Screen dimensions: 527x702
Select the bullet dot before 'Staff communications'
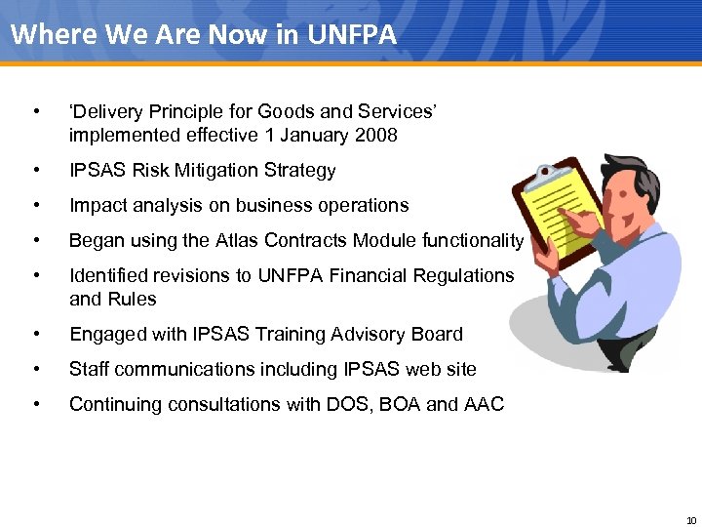point(36,369)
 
